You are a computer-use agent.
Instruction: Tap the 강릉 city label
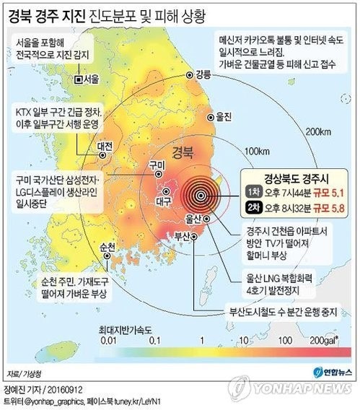tap(203, 74)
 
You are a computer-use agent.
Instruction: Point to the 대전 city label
tap(105, 145)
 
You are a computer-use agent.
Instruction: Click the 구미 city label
tap(157, 165)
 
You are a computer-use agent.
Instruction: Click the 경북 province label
tap(185, 152)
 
